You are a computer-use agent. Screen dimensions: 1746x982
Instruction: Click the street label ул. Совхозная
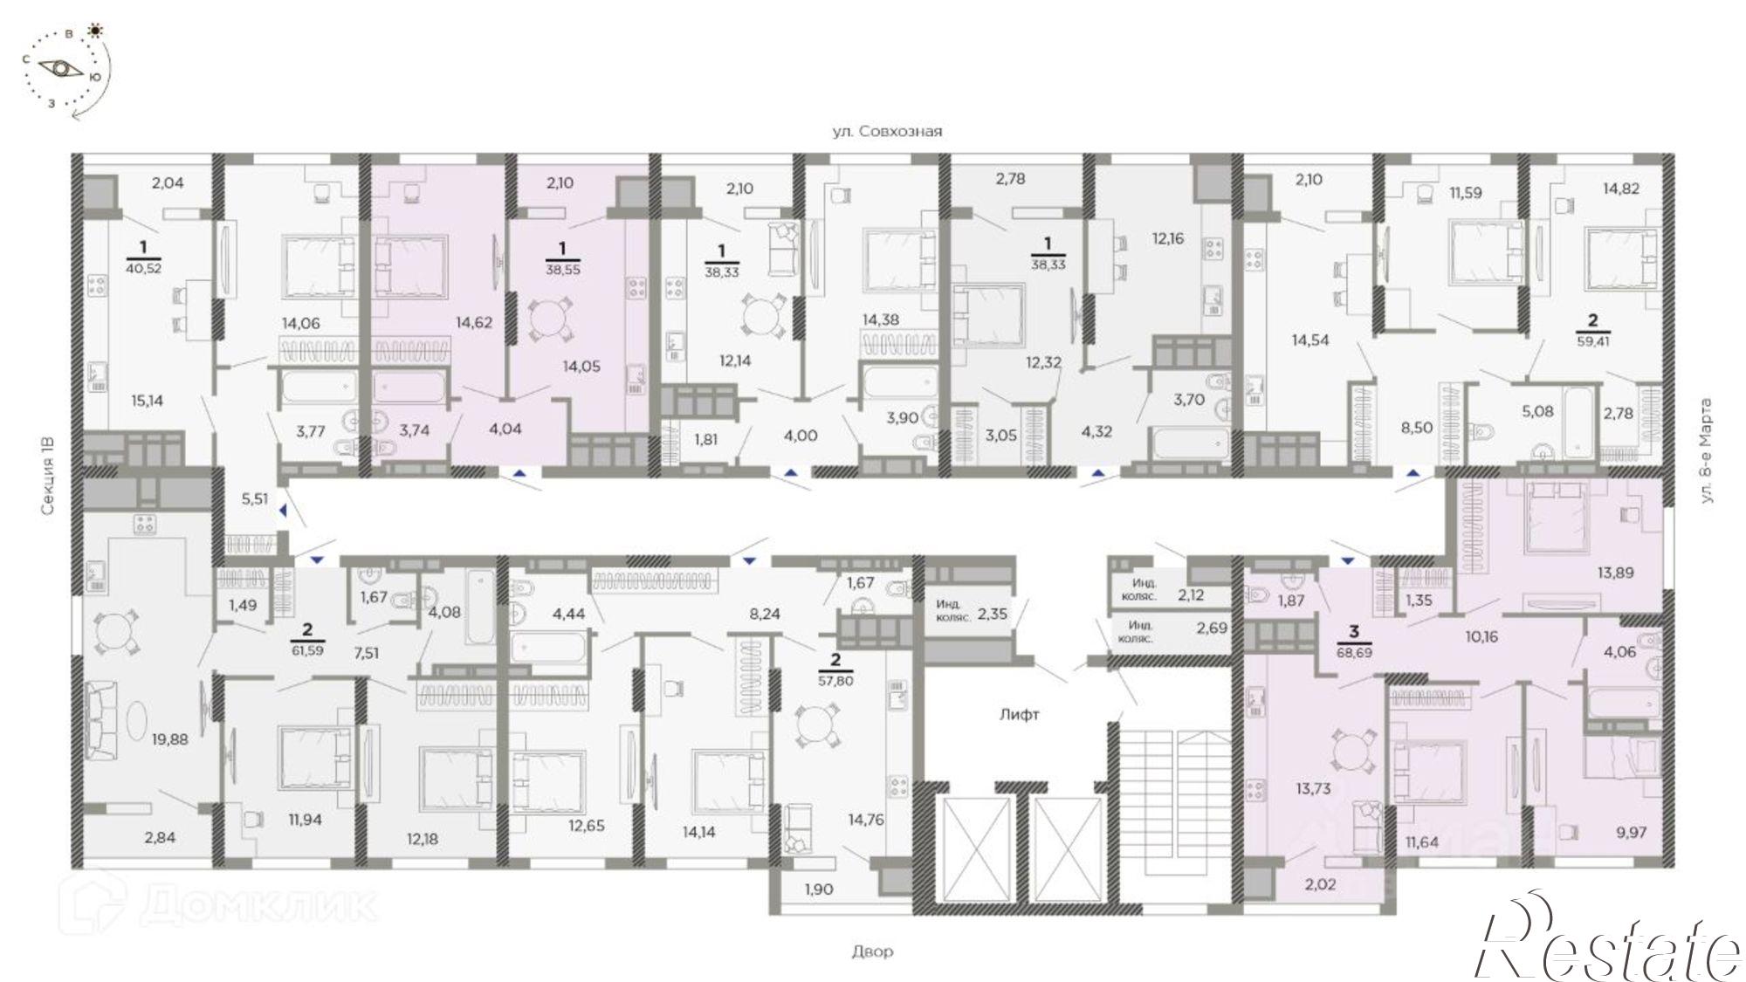(x=887, y=132)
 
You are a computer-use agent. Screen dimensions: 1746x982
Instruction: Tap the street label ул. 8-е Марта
(x=1707, y=450)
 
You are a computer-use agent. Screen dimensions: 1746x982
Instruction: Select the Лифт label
(x=1020, y=715)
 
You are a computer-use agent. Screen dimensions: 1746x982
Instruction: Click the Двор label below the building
(x=872, y=951)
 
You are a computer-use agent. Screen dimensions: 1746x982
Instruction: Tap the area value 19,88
(x=169, y=739)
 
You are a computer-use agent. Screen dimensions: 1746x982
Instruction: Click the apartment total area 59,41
(x=1593, y=341)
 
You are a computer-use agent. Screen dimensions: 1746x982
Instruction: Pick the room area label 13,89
(x=1615, y=573)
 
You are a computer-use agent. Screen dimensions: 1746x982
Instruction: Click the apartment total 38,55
(x=563, y=270)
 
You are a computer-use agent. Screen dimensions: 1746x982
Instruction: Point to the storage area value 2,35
(x=992, y=614)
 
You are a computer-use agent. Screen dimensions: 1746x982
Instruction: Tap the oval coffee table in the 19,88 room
(x=140, y=720)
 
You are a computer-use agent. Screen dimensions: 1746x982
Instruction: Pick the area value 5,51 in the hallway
(x=254, y=499)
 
